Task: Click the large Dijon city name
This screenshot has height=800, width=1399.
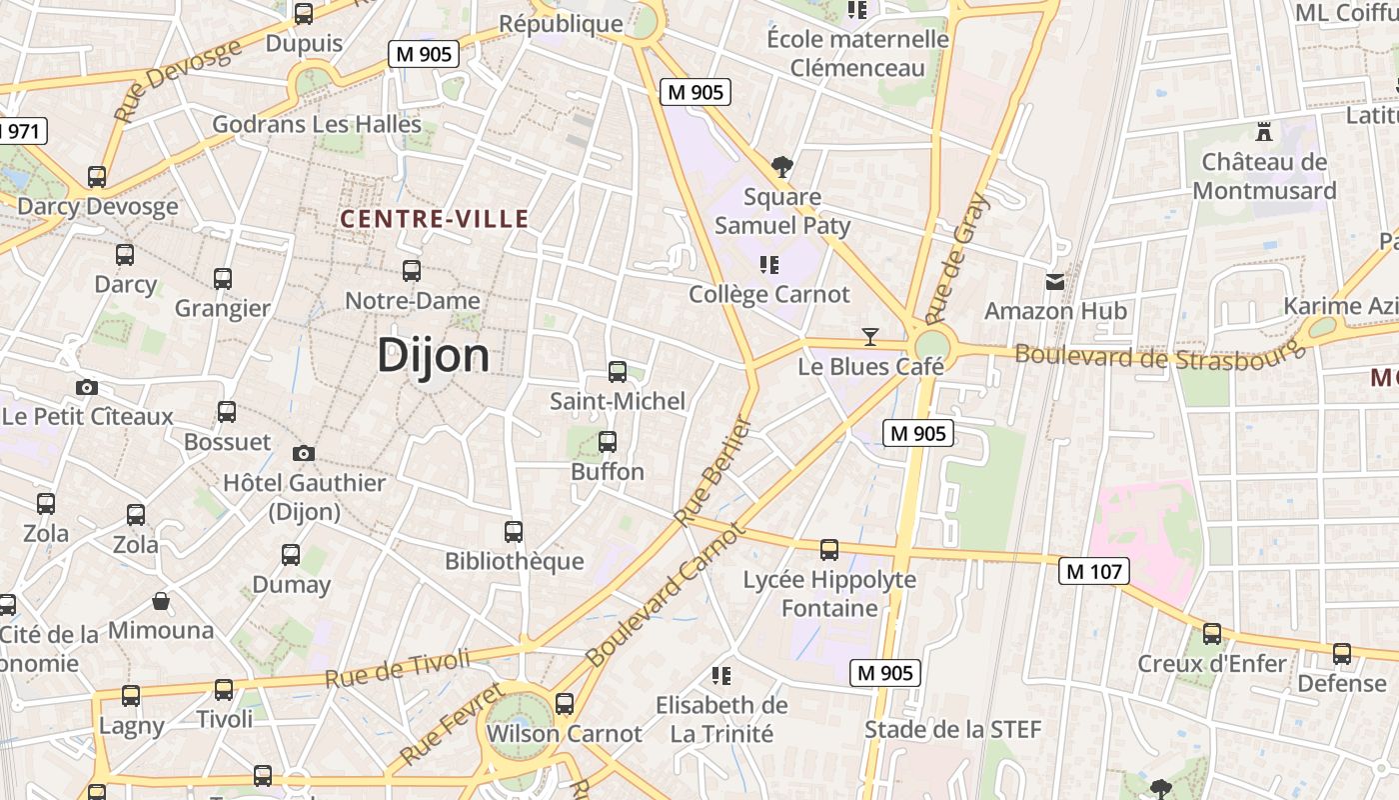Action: pos(434,356)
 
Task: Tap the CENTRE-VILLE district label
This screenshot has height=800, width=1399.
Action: pos(434,219)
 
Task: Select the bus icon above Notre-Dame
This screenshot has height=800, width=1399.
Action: pos(411,270)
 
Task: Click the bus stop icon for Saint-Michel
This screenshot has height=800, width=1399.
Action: pos(618,372)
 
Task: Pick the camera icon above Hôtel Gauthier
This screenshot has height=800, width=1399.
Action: pos(304,454)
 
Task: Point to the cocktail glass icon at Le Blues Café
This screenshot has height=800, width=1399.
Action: pos(870,337)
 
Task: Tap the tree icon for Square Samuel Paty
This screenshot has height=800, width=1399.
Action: pos(782,166)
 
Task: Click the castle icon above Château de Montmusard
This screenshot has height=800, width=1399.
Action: pos(1264,131)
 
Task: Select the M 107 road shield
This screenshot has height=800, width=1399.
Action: pos(1094,571)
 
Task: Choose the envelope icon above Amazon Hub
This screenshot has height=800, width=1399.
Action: pos(1055,282)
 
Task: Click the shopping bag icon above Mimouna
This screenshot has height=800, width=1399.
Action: pos(161,601)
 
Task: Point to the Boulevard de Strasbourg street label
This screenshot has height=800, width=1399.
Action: pos(1160,353)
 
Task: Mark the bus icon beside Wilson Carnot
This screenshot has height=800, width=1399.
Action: pos(565,704)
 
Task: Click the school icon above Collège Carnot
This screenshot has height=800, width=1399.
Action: pos(768,265)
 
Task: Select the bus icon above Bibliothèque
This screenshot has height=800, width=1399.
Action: pos(514,532)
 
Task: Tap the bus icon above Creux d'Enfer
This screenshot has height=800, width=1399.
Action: pos(1212,633)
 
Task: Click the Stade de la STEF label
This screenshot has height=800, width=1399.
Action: pos(952,729)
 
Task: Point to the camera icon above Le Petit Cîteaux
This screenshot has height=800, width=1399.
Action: pos(87,387)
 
